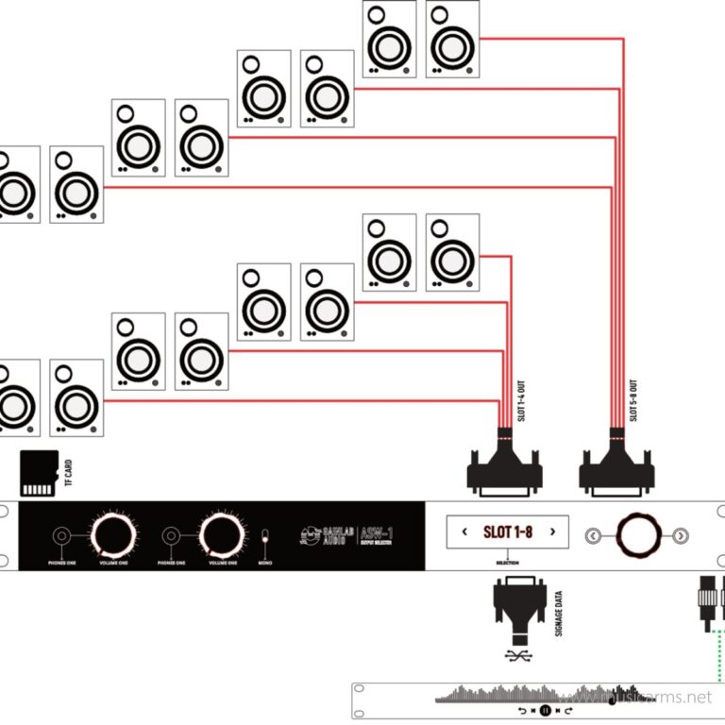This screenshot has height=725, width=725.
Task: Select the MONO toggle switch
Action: pyautogui.click(x=265, y=541)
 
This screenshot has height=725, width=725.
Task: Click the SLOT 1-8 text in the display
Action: pyautogui.click(x=507, y=532)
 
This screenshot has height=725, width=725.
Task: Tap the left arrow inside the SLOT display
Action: pyautogui.click(x=464, y=532)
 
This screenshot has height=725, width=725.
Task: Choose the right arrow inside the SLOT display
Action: pyautogui.click(x=553, y=532)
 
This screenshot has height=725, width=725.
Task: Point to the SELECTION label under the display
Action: pyautogui.click(x=507, y=563)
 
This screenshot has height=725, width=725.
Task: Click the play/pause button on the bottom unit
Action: pyautogui.click(x=545, y=709)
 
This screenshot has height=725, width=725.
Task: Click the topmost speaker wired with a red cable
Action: pyautogui.click(x=453, y=40)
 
